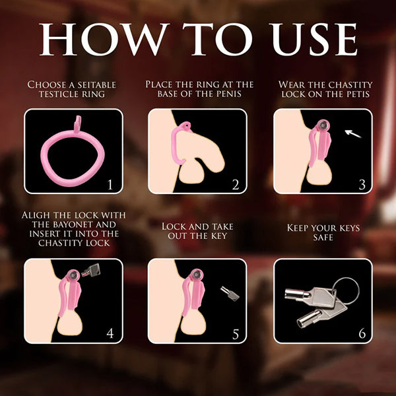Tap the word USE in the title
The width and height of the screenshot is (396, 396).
313,39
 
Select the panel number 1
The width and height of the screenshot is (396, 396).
110,185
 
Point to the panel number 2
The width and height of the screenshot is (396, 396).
236,185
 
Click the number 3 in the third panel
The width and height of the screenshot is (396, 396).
362,185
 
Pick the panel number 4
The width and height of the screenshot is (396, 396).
110,333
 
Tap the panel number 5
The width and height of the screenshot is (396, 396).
236,334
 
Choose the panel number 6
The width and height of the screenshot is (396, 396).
362,333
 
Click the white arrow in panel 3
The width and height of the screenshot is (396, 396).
353,134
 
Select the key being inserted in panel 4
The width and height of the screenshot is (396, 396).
91,271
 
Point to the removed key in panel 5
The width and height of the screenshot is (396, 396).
230,294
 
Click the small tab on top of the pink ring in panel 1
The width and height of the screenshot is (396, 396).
77,124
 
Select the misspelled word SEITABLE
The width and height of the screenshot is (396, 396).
96,84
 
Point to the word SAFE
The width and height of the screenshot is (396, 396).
323,238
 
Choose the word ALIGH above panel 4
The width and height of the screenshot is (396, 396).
36,215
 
